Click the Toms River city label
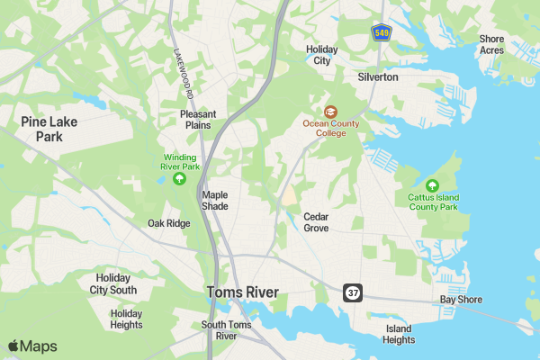coord(242,292)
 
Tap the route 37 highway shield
coord(352,293)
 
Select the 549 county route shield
coord(381,32)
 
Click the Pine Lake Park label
coord(49,129)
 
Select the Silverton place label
coord(378,77)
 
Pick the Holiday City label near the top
coord(320,55)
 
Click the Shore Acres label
coord(491,45)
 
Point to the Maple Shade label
coord(215,200)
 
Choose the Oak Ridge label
coord(169,223)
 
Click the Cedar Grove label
coord(316,222)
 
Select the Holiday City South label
coord(113,284)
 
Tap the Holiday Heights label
coord(126,319)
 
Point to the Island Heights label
coord(400,334)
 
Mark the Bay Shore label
coord(461,300)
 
